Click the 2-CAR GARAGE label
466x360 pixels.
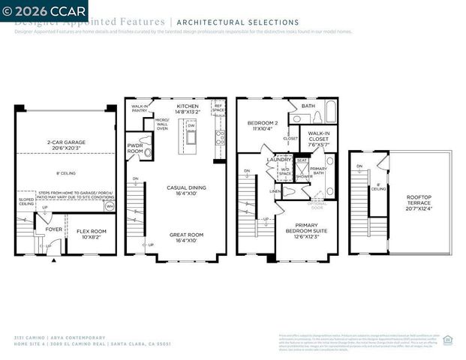66,144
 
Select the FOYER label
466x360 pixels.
54,229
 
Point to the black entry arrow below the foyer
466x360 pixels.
53,261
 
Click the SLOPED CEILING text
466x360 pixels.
26,201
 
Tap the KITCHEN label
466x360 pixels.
188,109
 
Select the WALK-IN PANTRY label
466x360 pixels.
140,109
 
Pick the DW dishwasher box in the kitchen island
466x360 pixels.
191,125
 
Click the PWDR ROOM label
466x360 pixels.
135,148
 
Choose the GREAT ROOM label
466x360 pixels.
187,237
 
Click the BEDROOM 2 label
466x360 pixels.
263,125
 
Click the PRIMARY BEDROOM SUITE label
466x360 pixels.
306,230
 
